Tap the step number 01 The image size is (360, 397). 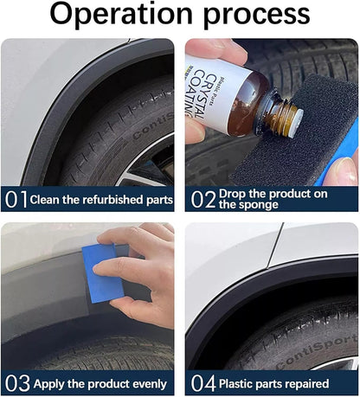[16, 200]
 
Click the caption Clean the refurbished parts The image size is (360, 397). [101, 200]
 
